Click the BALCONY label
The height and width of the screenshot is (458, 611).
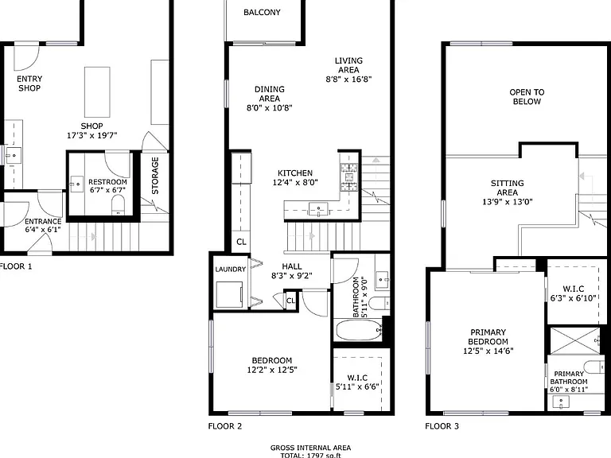[x=262, y=13]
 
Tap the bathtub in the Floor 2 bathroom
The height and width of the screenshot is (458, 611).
[x=359, y=330]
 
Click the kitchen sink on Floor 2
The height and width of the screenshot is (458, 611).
[x=319, y=209]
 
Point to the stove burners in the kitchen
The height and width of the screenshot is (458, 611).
[x=349, y=177]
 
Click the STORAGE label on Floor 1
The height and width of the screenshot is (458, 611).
[x=155, y=176]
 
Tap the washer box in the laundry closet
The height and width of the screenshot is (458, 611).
[x=229, y=294]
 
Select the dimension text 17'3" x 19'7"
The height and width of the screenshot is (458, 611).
[x=92, y=135]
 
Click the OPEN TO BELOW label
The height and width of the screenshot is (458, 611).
[x=527, y=97]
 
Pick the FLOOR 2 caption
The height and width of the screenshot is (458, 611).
[x=225, y=426]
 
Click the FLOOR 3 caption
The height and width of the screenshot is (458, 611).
[x=442, y=426]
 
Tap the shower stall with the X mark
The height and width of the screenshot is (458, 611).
[x=575, y=341]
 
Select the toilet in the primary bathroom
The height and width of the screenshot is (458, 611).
[x=595, y=367]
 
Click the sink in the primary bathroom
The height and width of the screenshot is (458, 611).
[x=561, y=402]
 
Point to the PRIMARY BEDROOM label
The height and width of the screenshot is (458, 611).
[x=488, y=337]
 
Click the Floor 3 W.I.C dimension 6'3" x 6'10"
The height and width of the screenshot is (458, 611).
[x=573, y=298]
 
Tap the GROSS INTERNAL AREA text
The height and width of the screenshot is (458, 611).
[x=310, y=448]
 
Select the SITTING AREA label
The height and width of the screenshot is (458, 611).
[x=508, y=188]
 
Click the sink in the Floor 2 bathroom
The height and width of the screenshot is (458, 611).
[x=382, y=279]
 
